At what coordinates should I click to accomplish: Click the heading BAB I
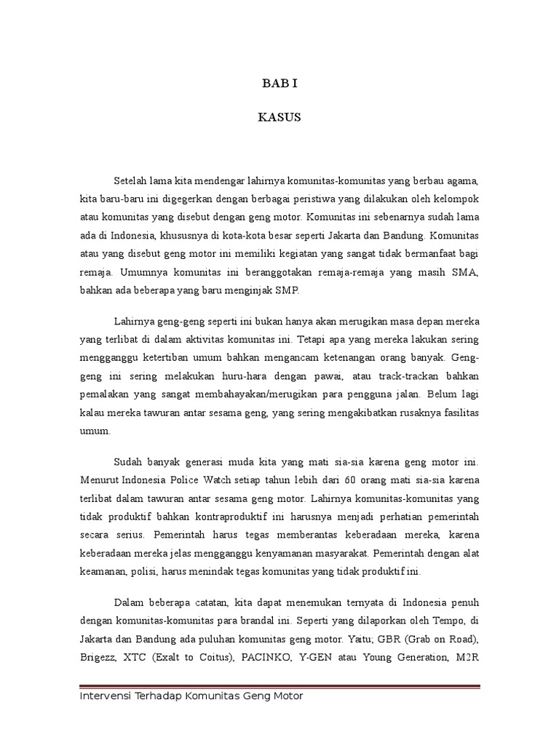[279, 84]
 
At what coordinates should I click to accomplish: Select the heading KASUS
[279, 118]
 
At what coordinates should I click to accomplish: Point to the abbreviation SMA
[467, 271]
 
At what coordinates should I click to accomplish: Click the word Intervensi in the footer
[105, 696]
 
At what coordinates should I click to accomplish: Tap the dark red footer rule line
[279, 685]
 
